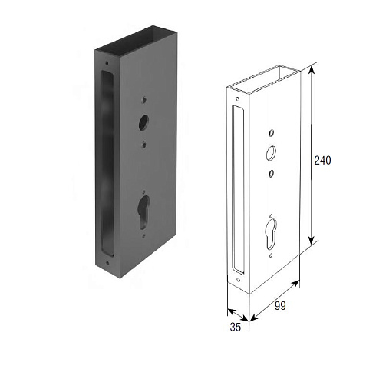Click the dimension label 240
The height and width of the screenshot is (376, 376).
pyautogui.click(x=322, y=161)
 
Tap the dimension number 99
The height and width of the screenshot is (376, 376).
pyautogui.click(x=280, y=306)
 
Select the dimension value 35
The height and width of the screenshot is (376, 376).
pyautogui.click(x=236, y=327)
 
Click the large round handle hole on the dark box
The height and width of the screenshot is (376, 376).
pyautogui.click(x=143, y=123)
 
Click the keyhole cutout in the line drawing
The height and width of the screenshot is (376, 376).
pyautogui.click(x=271, y=234)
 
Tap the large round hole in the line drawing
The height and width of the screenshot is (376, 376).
pyautogui.click(x=271, y=153)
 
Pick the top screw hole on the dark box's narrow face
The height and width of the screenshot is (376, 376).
pyautogui.click(x=107, y=63)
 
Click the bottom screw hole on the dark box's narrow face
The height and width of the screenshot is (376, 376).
pyautogui.click(x=107, y=263)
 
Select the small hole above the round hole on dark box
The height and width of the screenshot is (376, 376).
pyautogui.click(x=144, y=100)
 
